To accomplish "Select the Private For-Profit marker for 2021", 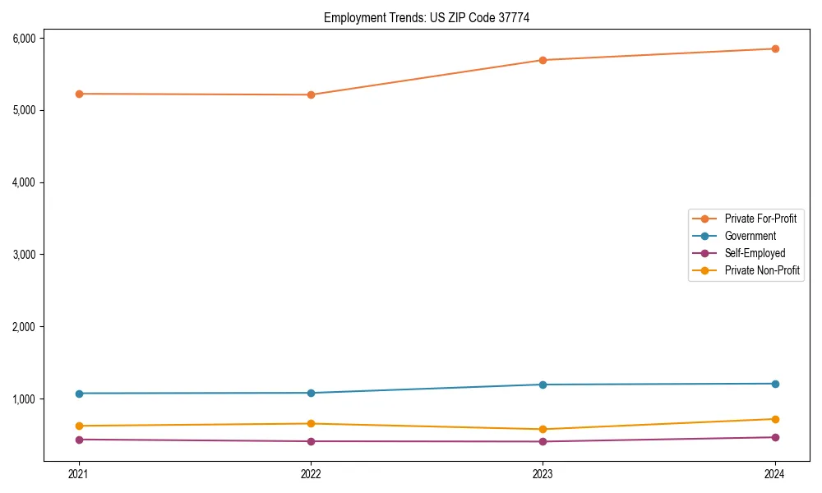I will pyautogui.click(x=79, y=94).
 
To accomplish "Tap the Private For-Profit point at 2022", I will pyautogui.click(x=311, y=94).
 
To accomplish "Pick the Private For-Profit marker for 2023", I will pyautogui.click(x=543, y=60).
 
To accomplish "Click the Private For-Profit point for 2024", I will pyautogui.click(x=775, y=48).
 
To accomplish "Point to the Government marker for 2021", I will pyautogui.click(x=79, y=394).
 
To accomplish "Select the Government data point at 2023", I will pyautogui.click(x=543, y=385).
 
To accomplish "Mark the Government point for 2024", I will pyautogui.click(x=775, y=384).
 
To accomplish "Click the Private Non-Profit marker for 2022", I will pyautogui.click(x=311, y=424).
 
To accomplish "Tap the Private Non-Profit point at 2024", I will pyautogui.click(x=775, y=419).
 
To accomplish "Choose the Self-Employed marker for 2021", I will pyautogui.click(x=79, y=440).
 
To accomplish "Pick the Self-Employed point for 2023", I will pyautogui.click(x=543, y=441).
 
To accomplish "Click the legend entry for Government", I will pyautogui.click(x=750, y=236).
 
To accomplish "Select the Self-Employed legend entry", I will pyautogui.click(x=755, y=253).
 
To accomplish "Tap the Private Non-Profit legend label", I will pyautogui.click(x=762, y=270).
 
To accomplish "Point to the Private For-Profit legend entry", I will pyautogui.click(x=760, y=219).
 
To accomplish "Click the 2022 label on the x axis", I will pyautogui.click(x=311, y=474).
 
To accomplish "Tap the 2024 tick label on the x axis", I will pyautogui.click(x=775, y=474).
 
